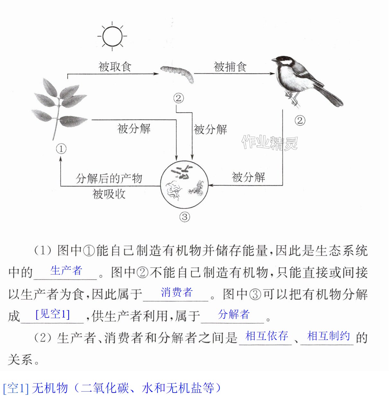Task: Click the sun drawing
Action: (112, 36)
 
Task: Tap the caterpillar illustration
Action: (177, 74)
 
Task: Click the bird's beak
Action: (274, 60)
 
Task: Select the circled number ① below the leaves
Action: (61, 149)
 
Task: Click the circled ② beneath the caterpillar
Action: (178, 98)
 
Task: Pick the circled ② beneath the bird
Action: (300, 121)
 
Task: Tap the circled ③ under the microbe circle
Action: (185, 217)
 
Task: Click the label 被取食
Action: (115, 67)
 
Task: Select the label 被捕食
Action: (230, 67)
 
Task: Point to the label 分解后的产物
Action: (109, 178)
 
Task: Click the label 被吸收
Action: (109, 194)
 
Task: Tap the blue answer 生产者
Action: (66, 270)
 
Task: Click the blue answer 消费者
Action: (177, 292)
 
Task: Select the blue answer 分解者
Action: (233, 314)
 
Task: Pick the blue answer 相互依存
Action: (267, 336)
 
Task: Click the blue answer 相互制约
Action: (328, 336)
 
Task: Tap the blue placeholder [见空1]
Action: (53, 314)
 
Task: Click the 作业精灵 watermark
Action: (270, 143)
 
